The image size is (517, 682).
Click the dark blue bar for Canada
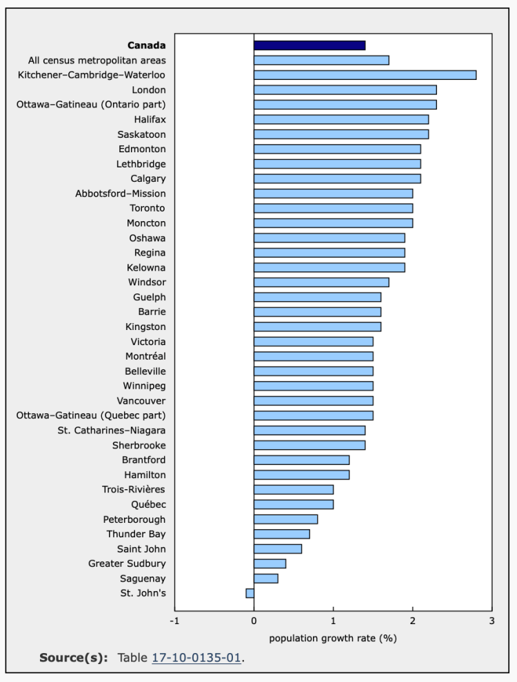pos(310,45)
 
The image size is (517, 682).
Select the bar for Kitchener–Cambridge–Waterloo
pos(365,75)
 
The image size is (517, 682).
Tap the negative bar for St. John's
pos(250,593)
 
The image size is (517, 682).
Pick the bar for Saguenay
pos(266,579)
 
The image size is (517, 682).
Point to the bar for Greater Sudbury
pos(270,564)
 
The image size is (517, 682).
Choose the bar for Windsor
pos(321,282)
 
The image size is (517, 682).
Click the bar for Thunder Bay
pos(282,534)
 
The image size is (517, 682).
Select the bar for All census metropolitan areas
pos(321,60)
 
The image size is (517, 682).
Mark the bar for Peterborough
pos(285,519)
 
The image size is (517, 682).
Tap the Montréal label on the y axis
pos(145,356)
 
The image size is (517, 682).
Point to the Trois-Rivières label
pos(134,490)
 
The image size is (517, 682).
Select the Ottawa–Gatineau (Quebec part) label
pos(91,415)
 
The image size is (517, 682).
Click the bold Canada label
pos(146,45)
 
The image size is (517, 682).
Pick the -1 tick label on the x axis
pos(174,621)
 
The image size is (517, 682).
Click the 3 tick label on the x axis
pos(491,621)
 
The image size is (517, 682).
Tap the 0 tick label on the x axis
pos(254,621)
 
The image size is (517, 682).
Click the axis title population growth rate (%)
pos(333,638)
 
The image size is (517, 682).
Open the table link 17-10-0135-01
pos(196,657)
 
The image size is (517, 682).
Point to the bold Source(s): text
pos(74,657)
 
